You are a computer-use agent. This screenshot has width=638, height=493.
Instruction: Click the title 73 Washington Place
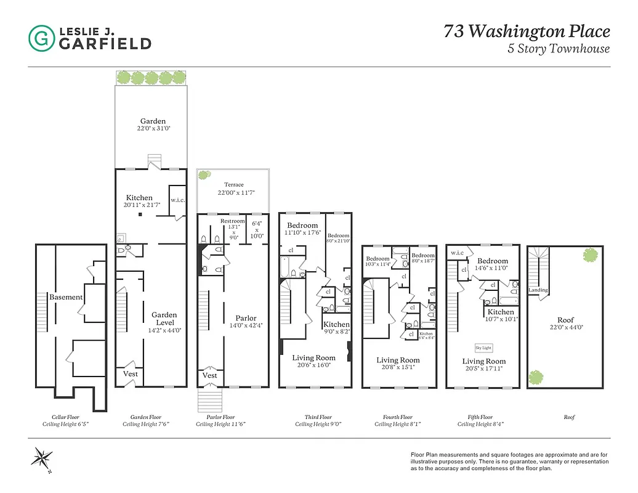527,31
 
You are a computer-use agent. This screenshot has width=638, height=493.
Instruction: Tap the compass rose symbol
42,459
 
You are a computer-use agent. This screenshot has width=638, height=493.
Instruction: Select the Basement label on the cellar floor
66,297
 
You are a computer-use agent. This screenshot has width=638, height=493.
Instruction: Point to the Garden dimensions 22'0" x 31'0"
152,129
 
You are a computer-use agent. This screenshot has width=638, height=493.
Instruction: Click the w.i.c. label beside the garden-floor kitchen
177,200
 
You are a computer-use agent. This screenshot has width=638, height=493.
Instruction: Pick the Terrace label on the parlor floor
233,184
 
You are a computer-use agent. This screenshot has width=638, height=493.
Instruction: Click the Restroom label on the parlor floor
232,221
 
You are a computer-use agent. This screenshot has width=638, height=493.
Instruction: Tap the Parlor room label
246,319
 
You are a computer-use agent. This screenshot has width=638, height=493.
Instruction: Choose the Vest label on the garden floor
131,373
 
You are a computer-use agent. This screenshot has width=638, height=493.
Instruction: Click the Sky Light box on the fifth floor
483,348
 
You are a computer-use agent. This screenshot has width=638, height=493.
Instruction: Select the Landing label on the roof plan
538,290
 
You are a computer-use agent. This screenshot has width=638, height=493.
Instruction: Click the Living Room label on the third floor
313,357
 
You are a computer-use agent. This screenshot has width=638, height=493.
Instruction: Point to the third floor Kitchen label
336,324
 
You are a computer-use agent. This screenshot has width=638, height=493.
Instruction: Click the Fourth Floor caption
397,417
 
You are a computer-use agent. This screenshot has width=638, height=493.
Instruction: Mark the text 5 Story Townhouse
559,49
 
